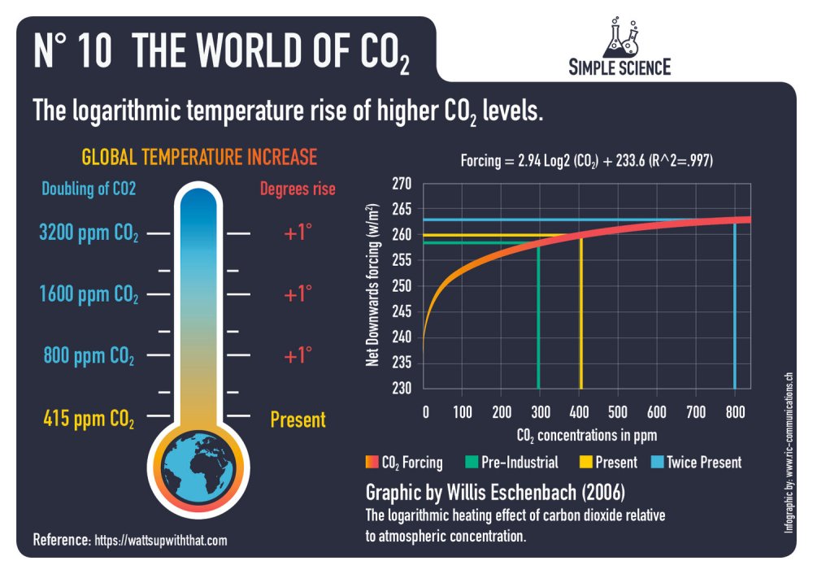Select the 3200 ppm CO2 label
click(x=89, y=233)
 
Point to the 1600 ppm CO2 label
click(x=89, y=294)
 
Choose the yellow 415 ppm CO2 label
click(x=89, y=420)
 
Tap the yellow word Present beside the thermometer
click(x=298, y=420)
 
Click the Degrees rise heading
click(x=298, y=189)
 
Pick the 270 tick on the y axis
click(x=402, y=184)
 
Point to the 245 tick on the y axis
click(x=402, y=311)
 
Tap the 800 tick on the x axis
click(x=735, y=411)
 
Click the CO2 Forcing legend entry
click(x=405, y=463)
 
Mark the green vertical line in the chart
click(x=538, y=325)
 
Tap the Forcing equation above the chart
click(x=586, y=161)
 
